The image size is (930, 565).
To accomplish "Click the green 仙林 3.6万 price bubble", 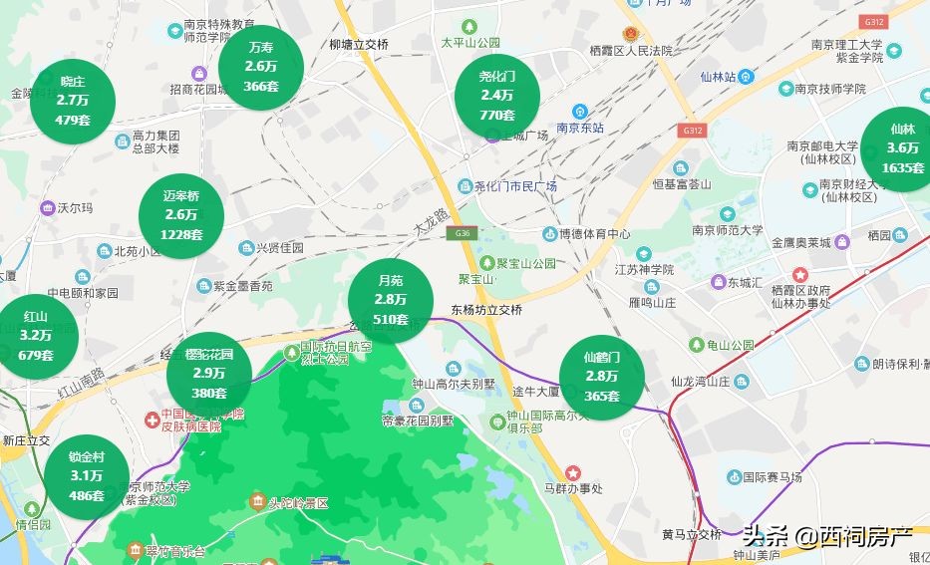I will (x=902, y=148).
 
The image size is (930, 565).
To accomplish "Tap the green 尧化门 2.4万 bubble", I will (x=496, y=96).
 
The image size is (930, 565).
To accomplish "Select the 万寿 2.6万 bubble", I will (x=260, y=67).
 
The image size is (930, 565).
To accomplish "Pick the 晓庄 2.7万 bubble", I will (x=73, y=101).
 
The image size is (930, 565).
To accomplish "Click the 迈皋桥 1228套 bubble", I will (x=181, y=215).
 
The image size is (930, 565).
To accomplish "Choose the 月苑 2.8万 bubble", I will (x=390, y=300).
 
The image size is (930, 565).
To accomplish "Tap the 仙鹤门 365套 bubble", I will (x=601, y=377).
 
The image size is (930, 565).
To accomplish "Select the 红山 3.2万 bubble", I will (x=35, y=336).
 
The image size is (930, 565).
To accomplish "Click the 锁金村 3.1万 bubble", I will (x=86, y=475).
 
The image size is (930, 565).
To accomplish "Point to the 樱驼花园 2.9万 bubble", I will (x=208, y=373).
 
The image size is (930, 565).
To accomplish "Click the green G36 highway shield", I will (x=461, y=232).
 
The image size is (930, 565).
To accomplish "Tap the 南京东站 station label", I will (x=580, y=128).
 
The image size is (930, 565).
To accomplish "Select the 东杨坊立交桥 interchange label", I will (x=486, y=310).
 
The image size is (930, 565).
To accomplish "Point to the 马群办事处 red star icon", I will (x=572, y=472).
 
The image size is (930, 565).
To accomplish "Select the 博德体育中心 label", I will (x=594, y=234).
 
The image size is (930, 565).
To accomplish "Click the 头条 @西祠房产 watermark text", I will (x=826, y=536).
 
